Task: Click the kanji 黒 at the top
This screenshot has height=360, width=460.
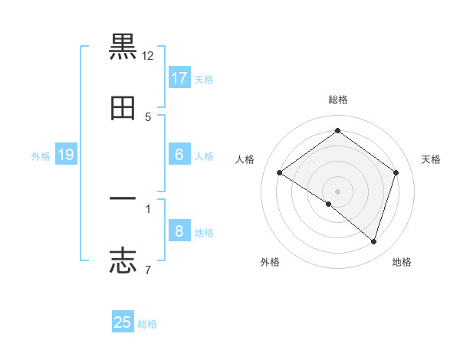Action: [x=123, y=47]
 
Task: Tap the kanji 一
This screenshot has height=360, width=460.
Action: [x=123, y=198]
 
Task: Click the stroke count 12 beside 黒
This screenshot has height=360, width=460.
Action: [x=148, y=56]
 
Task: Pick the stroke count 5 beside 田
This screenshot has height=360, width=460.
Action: [x=148, y=117]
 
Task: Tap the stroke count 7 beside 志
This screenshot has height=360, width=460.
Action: [x=148, y=269]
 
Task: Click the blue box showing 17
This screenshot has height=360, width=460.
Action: [x=179, y=78]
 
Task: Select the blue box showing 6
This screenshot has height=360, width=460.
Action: [x=179, y=155]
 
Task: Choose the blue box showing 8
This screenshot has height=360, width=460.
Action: [x=179, y=231]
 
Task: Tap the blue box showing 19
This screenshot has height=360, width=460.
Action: [x=66, y=155]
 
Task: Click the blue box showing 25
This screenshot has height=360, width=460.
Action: [x=123, y=322]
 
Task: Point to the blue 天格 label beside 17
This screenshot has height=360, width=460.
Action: [x=204, y=80]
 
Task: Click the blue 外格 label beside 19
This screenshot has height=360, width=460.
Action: [x=41, y=156]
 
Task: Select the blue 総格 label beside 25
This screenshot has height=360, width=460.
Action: [x=147, y=324]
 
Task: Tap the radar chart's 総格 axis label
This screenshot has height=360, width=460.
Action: [x=338, y=100]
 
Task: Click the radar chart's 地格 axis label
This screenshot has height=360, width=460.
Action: [x=402, y=263]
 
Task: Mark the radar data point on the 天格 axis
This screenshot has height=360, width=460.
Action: [x=396, y=172]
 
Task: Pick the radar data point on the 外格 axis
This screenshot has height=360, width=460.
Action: [x=329, y=204]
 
